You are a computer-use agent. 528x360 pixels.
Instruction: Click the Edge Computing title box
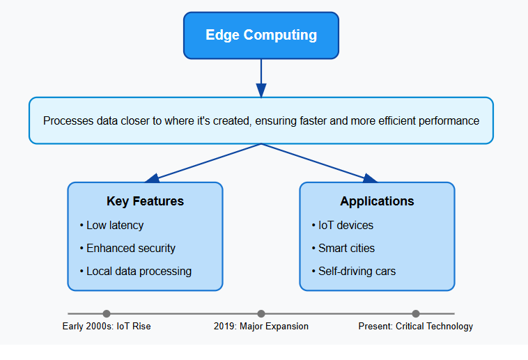(x=261, y=36)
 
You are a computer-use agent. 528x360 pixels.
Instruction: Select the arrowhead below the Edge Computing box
(x=261, y=91)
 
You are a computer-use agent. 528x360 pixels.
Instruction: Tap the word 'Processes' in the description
(x=68, y=120)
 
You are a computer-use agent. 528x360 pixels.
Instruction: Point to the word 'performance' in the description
(x=449, y=120)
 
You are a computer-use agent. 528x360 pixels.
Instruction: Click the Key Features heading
(x=145, y=201)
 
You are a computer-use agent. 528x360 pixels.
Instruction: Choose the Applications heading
(x=377, y=201)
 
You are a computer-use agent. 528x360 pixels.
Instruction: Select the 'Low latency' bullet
(x=111, y=225)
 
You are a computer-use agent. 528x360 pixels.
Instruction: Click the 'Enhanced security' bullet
(x=127, y=248)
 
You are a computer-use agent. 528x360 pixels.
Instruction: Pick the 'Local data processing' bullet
(x=136, y=271)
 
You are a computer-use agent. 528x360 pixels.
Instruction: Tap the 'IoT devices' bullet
(x=343, y=225)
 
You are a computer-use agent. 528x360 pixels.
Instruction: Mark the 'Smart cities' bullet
(x=343, y=248)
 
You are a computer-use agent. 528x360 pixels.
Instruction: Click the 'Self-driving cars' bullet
(x=354, y=271)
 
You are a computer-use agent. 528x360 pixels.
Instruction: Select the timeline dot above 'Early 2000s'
(x=107, y=313)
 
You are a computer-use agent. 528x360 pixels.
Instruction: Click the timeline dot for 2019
(x=261, y=313)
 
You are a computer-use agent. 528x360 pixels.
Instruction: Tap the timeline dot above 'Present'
(x=416, y=313)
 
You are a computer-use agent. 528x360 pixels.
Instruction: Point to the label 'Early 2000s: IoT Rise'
(x=107, y=326)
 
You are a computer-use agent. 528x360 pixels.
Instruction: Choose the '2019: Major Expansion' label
(x=261, y=326)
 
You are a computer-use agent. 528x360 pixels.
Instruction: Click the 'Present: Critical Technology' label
(x=416, y=326)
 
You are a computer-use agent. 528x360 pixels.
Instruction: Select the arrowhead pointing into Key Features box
(x=153, y=178)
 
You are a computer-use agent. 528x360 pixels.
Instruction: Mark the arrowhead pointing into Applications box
(x=370, y=178)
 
